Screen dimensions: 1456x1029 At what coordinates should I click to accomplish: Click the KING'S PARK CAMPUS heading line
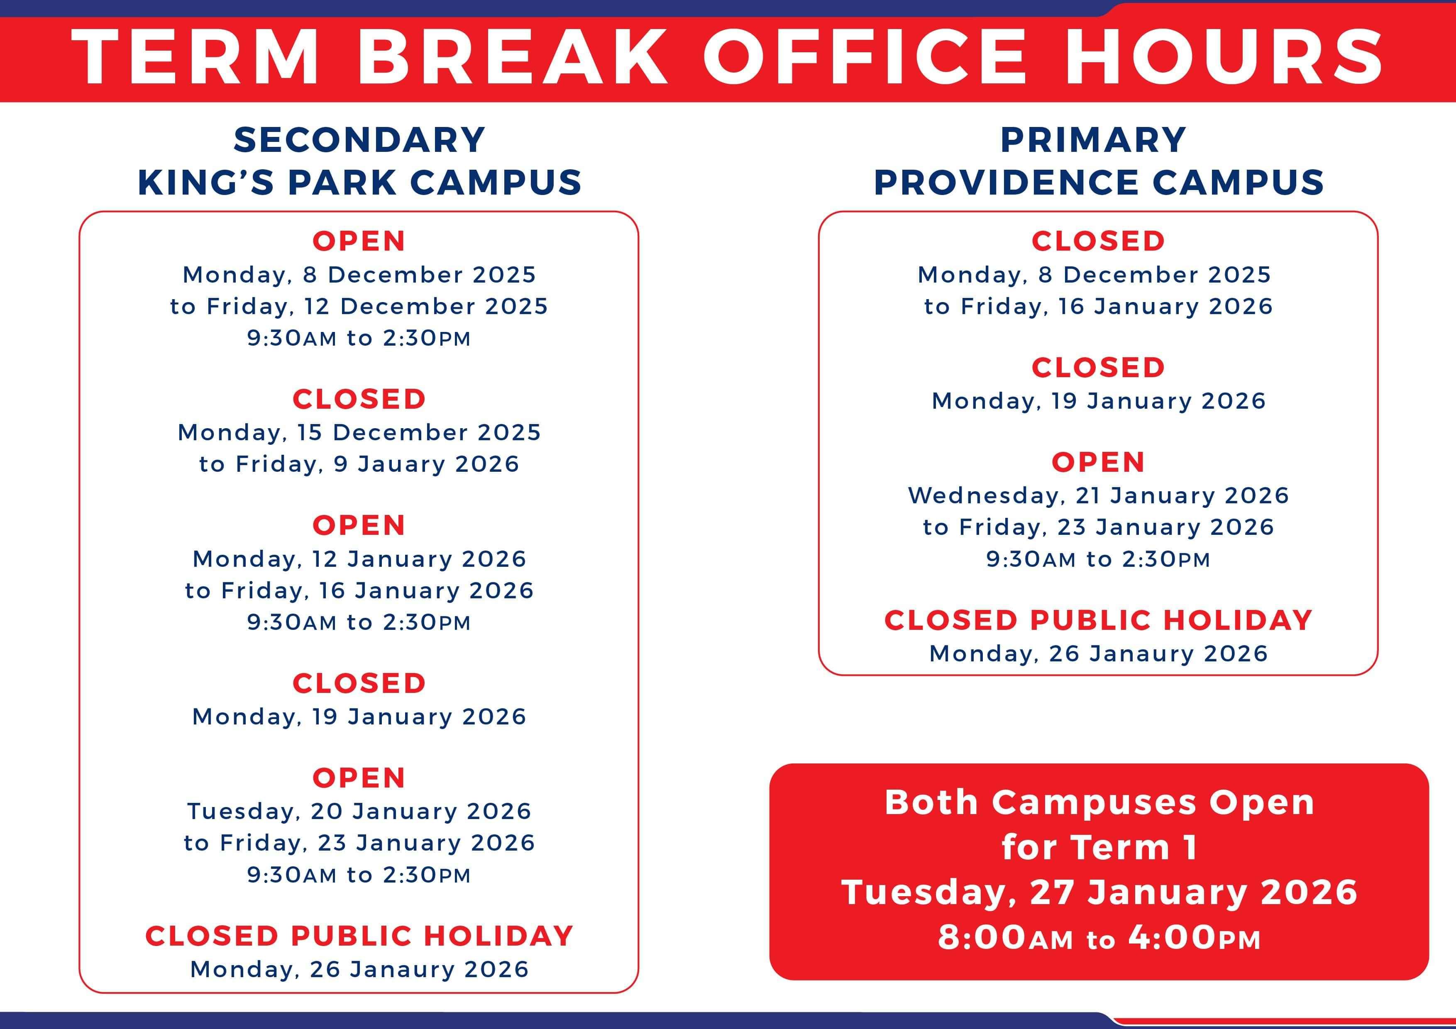click(359, 182)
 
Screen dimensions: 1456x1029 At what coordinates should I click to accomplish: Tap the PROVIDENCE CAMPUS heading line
click(1098, 182)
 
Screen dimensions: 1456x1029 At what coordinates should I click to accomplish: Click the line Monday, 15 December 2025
click(359, 432)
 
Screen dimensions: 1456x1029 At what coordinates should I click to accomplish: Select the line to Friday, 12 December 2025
click(359, 307)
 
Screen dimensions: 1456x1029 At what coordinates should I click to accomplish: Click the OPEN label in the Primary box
click(1098, 462)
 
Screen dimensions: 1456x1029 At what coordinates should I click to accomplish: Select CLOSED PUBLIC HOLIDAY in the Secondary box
click(359, 936)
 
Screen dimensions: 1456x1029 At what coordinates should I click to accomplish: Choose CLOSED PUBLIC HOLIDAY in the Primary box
click(1098, 620)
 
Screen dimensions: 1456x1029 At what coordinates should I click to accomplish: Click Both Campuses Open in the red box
click(1099, 802)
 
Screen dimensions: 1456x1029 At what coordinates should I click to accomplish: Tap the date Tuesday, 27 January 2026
click(1099, 892)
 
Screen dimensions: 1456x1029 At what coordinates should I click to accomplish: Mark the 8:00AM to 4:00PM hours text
click(1099, 938)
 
